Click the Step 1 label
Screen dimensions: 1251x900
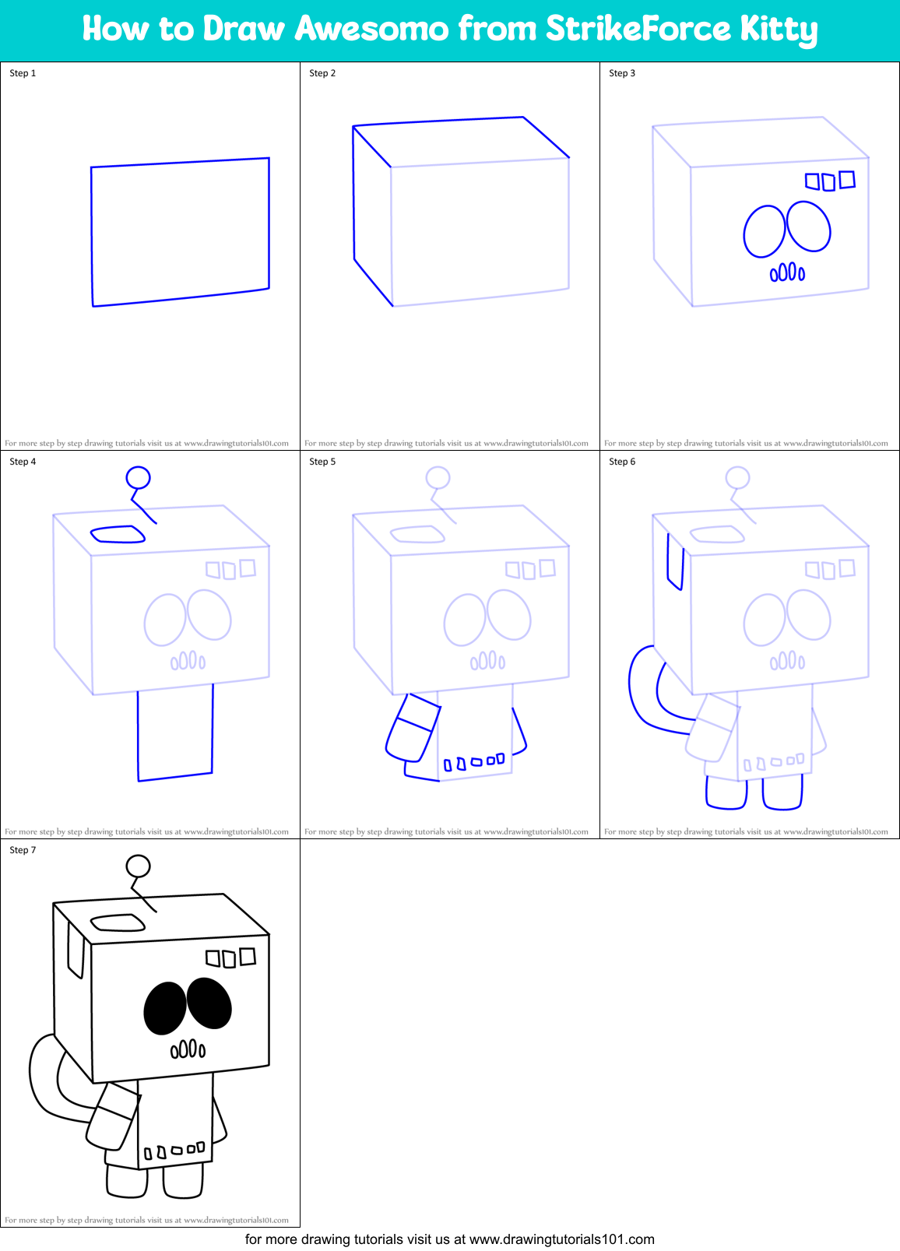tap(23, 73)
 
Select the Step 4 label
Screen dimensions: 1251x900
tap(23, 462)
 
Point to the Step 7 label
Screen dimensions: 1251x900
tap(23, 850)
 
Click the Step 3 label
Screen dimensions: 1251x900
tap(622, 73)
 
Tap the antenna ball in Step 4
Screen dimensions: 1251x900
tap(138, 477)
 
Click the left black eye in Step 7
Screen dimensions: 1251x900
tap(164, 1008)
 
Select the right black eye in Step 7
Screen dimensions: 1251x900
tap(209, 1003)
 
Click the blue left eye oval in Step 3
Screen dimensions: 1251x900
tap(764, 231)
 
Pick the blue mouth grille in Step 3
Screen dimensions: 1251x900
tap(787, 272)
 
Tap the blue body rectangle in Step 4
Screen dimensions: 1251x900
tap(175, 732)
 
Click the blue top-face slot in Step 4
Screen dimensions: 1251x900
tap(118, 534)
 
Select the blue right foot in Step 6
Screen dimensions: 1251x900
tap(782, 792)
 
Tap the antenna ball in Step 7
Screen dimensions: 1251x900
tap(138, 866)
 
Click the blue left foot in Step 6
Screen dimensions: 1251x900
tap(726, 792)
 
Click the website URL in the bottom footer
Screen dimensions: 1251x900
tap(561, 1239)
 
